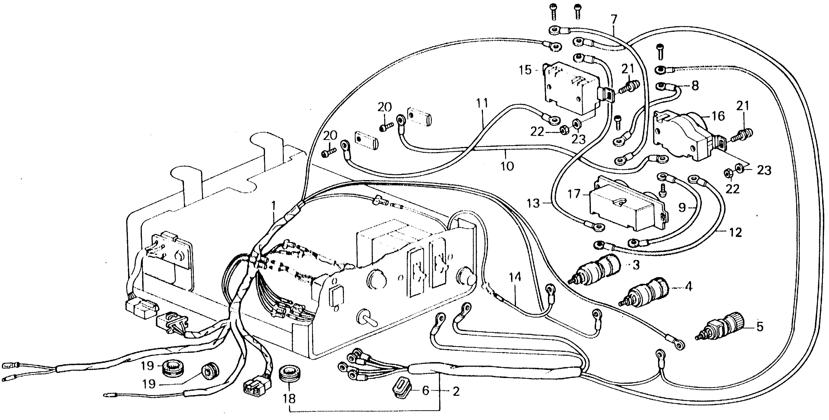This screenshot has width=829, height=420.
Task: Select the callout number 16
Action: pyautogui.click(x=718, y=116)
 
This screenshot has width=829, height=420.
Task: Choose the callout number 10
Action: pyautogui.click(x=507, y=166)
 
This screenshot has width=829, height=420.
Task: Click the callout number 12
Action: pyautogui.click(x=735, y=232)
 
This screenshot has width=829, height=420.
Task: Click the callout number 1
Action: pyautogui.click(x=274, y=206)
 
